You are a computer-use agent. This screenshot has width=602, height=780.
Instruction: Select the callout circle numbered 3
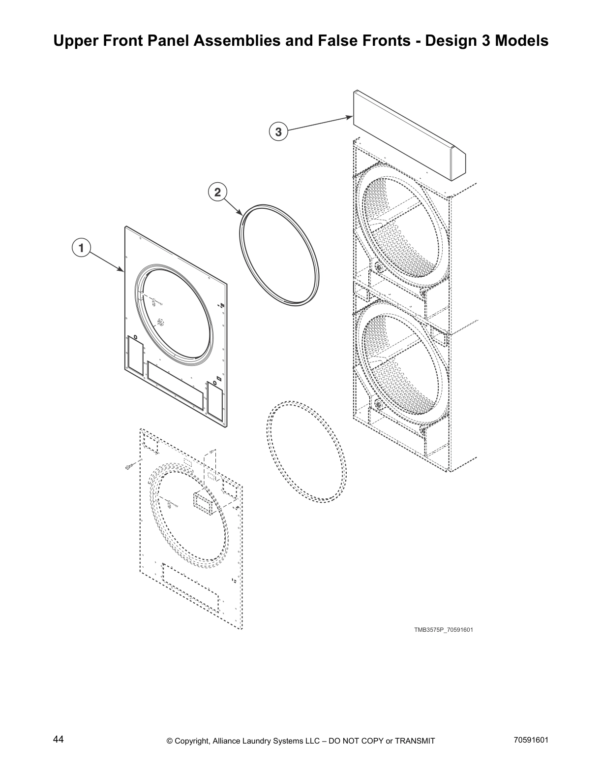278,132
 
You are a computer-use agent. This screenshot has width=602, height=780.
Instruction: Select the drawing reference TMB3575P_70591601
443,630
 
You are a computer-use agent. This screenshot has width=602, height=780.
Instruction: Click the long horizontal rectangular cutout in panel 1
175,385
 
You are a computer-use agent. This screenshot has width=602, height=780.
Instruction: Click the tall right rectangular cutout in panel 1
215,398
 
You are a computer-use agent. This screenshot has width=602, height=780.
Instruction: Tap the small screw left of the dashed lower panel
129,466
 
